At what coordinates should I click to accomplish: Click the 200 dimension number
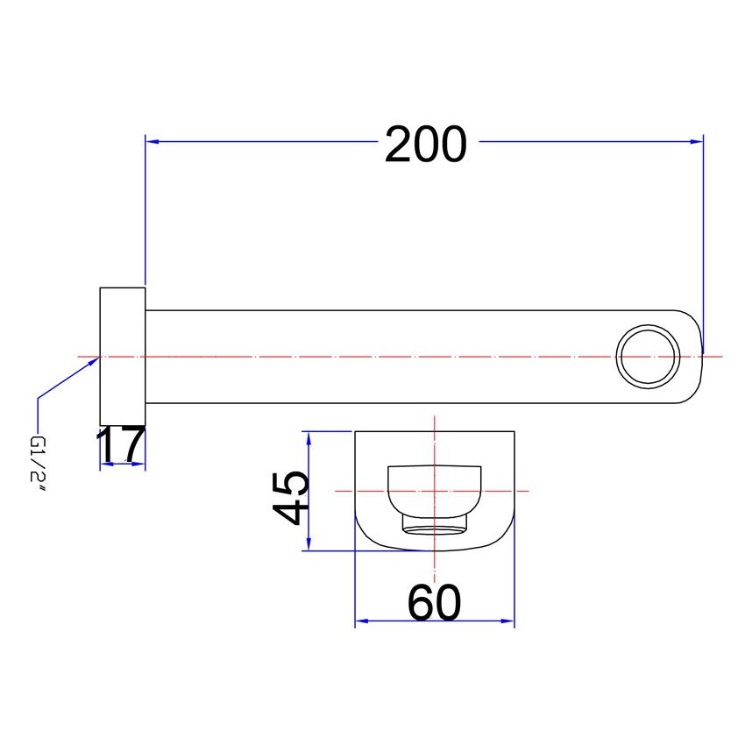[x=425, y=144]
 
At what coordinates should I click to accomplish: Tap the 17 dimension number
[x=121, y=444]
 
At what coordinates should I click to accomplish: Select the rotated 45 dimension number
[x=290, y=498]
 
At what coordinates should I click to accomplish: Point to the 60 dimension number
[x=434, y=602]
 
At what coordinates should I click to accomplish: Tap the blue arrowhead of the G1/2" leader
[x=93, y=362]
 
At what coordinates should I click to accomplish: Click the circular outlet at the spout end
[x=648, y=357]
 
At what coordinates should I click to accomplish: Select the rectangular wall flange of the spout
[x=123, y=357]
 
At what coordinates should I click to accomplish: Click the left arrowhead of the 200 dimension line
[x=152, y=141]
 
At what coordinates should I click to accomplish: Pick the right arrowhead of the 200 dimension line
[x=697, y=141]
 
